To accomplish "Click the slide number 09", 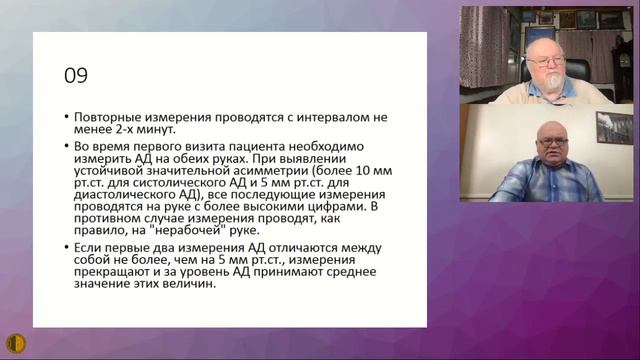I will (76, 75).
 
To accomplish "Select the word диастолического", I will (124, 199).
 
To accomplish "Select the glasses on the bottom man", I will (551, 144).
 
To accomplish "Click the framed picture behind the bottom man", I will (614, 128).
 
